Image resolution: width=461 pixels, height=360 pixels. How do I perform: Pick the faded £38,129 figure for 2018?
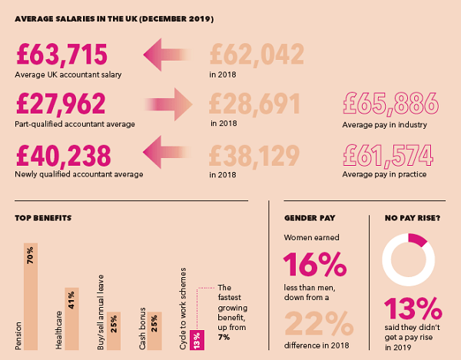[x=254, y=153]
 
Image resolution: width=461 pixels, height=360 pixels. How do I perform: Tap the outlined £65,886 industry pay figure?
[x=390, y=104]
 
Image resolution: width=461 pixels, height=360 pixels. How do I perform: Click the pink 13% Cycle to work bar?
[x=196, y=339]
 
